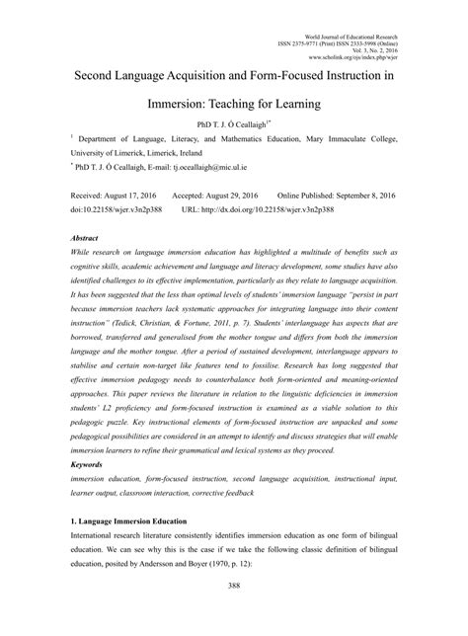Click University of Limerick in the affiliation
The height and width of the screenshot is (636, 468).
109,154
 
